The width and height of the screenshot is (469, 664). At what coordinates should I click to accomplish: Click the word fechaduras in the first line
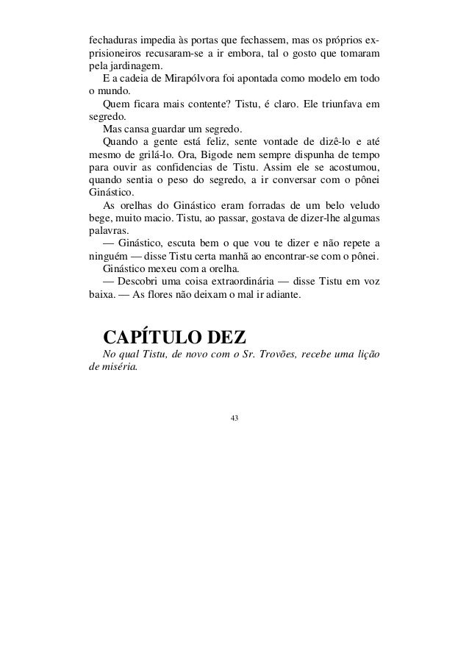point(109,38)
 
